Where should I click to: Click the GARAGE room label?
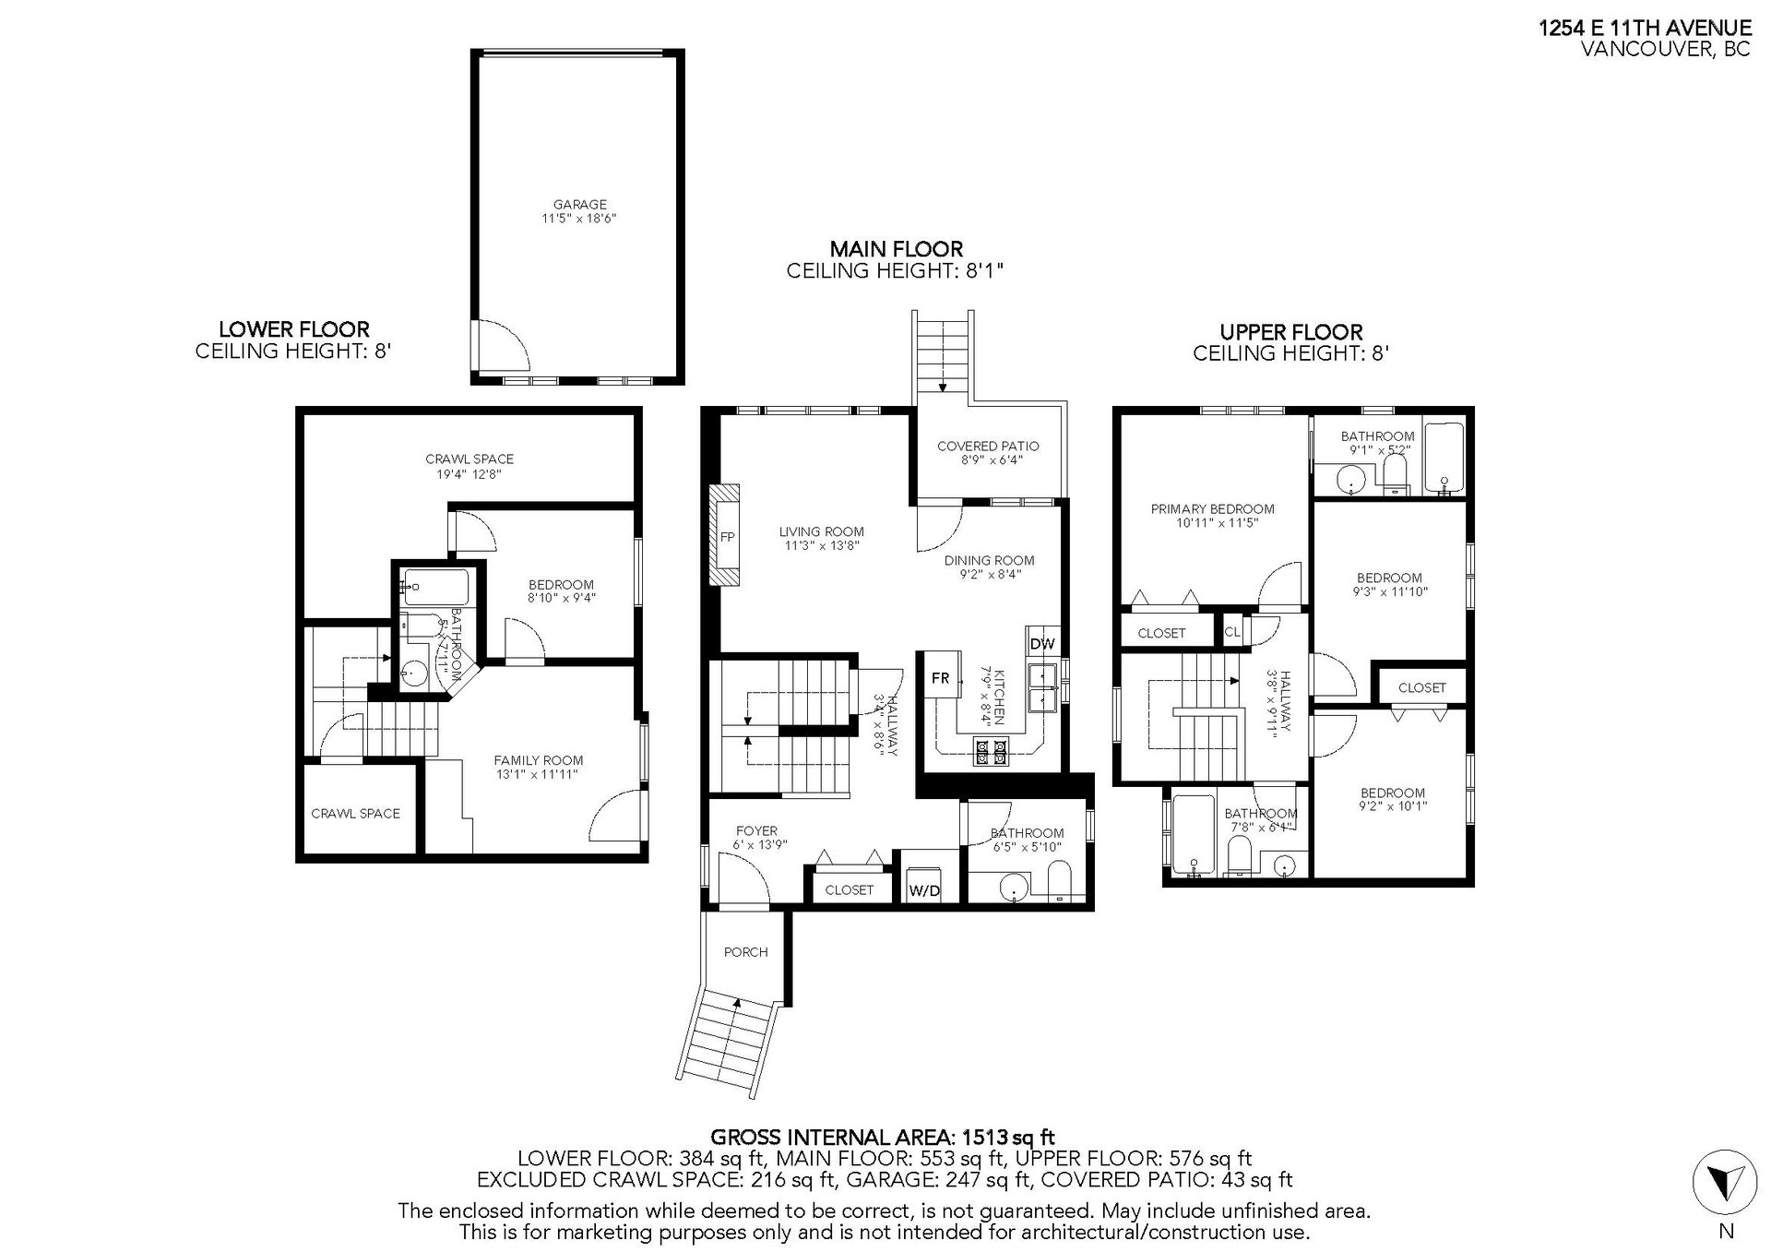(x=579, y=205)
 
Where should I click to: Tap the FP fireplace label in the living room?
(x=728, y=537)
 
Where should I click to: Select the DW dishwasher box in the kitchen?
(x=1042, y=644)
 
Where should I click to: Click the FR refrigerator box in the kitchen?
(x=940, y=678)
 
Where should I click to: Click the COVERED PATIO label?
(x=988, y=447)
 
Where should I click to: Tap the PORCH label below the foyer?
(x=745, y=952)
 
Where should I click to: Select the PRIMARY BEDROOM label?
(x=1212, y=508)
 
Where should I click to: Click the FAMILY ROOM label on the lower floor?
(x=539, y=761)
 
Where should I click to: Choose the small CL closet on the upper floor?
(x=1232, y=632)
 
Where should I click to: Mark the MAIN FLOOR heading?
(x=896, y=249)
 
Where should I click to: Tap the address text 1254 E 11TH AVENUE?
(x=1645, y=29)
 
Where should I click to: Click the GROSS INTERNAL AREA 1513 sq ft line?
(x=883, y=1137)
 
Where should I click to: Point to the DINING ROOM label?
(x=989, y=561)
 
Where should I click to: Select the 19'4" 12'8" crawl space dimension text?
(x=469, y=474)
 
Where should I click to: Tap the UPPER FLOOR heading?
(x=1290, y=332)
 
